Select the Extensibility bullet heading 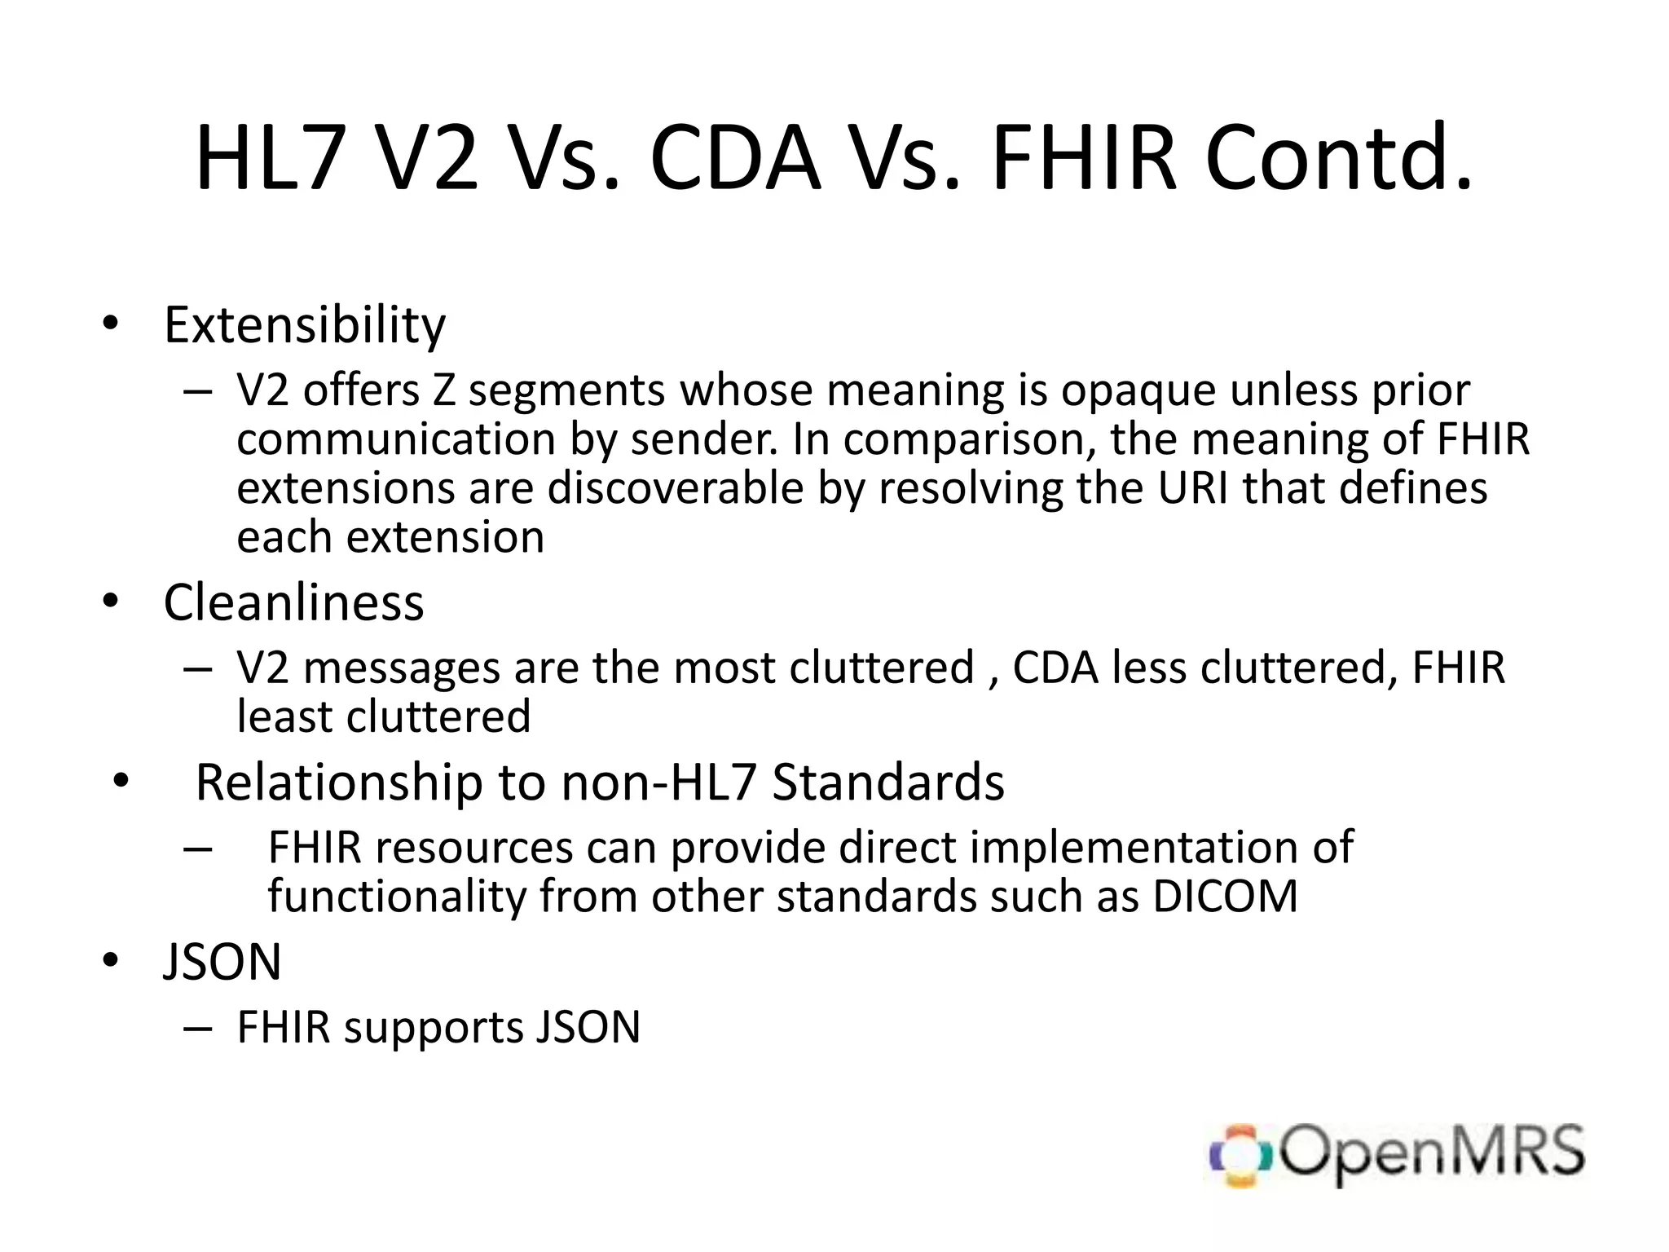point(305,325)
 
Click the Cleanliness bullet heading point(293,603)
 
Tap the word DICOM point(1225,897)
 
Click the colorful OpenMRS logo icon point(1240,1155)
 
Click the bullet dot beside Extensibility point(111,324)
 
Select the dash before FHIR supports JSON point(198,1029)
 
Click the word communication point(396,439)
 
